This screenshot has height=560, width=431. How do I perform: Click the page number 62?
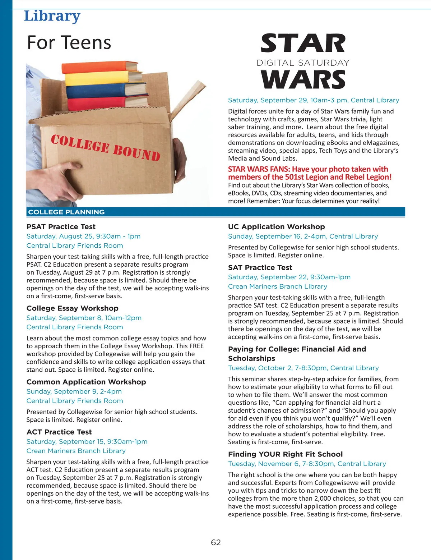[x=215, y=542]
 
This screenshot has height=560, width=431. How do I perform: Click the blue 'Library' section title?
[x=52, y=16]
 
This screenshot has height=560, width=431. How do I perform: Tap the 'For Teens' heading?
[x=69, y=42]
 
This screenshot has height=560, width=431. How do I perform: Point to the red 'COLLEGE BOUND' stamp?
[x=105, y=148]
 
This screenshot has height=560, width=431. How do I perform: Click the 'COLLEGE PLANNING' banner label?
[x=66, y=212]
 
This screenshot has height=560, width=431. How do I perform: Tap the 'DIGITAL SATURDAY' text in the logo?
[x=303, y=63]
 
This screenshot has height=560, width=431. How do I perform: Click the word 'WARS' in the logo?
[x=303, y=79]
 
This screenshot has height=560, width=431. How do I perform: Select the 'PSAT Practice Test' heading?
[x=61, y=227]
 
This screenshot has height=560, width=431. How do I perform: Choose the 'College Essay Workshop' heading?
[x=72, y=308]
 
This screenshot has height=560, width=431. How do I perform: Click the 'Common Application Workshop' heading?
[x=86, y=382]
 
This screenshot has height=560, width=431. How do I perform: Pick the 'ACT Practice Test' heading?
[x=59, y=432]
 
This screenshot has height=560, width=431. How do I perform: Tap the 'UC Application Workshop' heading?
[x=276, y=227]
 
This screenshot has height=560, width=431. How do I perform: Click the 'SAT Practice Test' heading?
[x=260, y=267]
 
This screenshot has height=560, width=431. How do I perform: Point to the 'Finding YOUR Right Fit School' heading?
[x=285, y=454]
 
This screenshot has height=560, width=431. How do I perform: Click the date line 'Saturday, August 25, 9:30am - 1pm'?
[x=83, y=237]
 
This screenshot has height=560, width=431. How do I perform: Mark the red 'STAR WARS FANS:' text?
[x=259, y=169]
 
